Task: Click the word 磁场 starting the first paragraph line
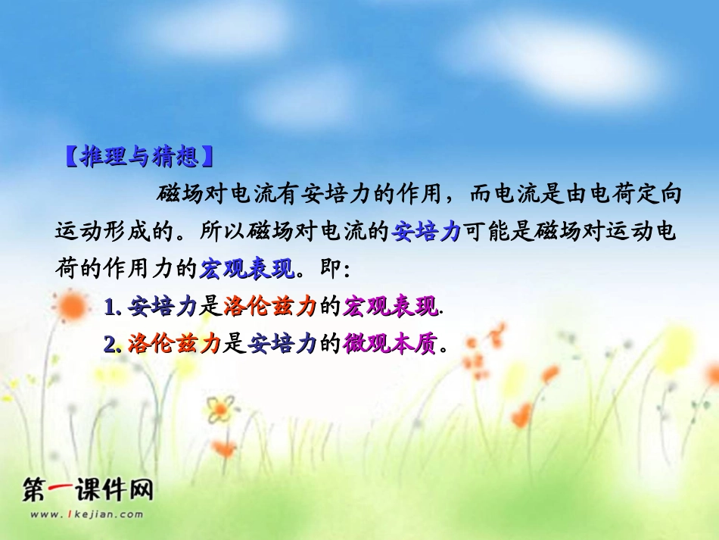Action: pos(175,195)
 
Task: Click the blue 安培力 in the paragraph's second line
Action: pos(426,231)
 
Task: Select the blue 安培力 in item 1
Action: pos(162,307)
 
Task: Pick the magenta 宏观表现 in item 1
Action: pos(390,307)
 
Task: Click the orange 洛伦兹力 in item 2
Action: pos(173,345)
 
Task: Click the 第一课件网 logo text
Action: pos(89,491)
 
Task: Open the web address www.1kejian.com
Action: pos(87,514)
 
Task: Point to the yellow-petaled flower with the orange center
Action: pos(219,410)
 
